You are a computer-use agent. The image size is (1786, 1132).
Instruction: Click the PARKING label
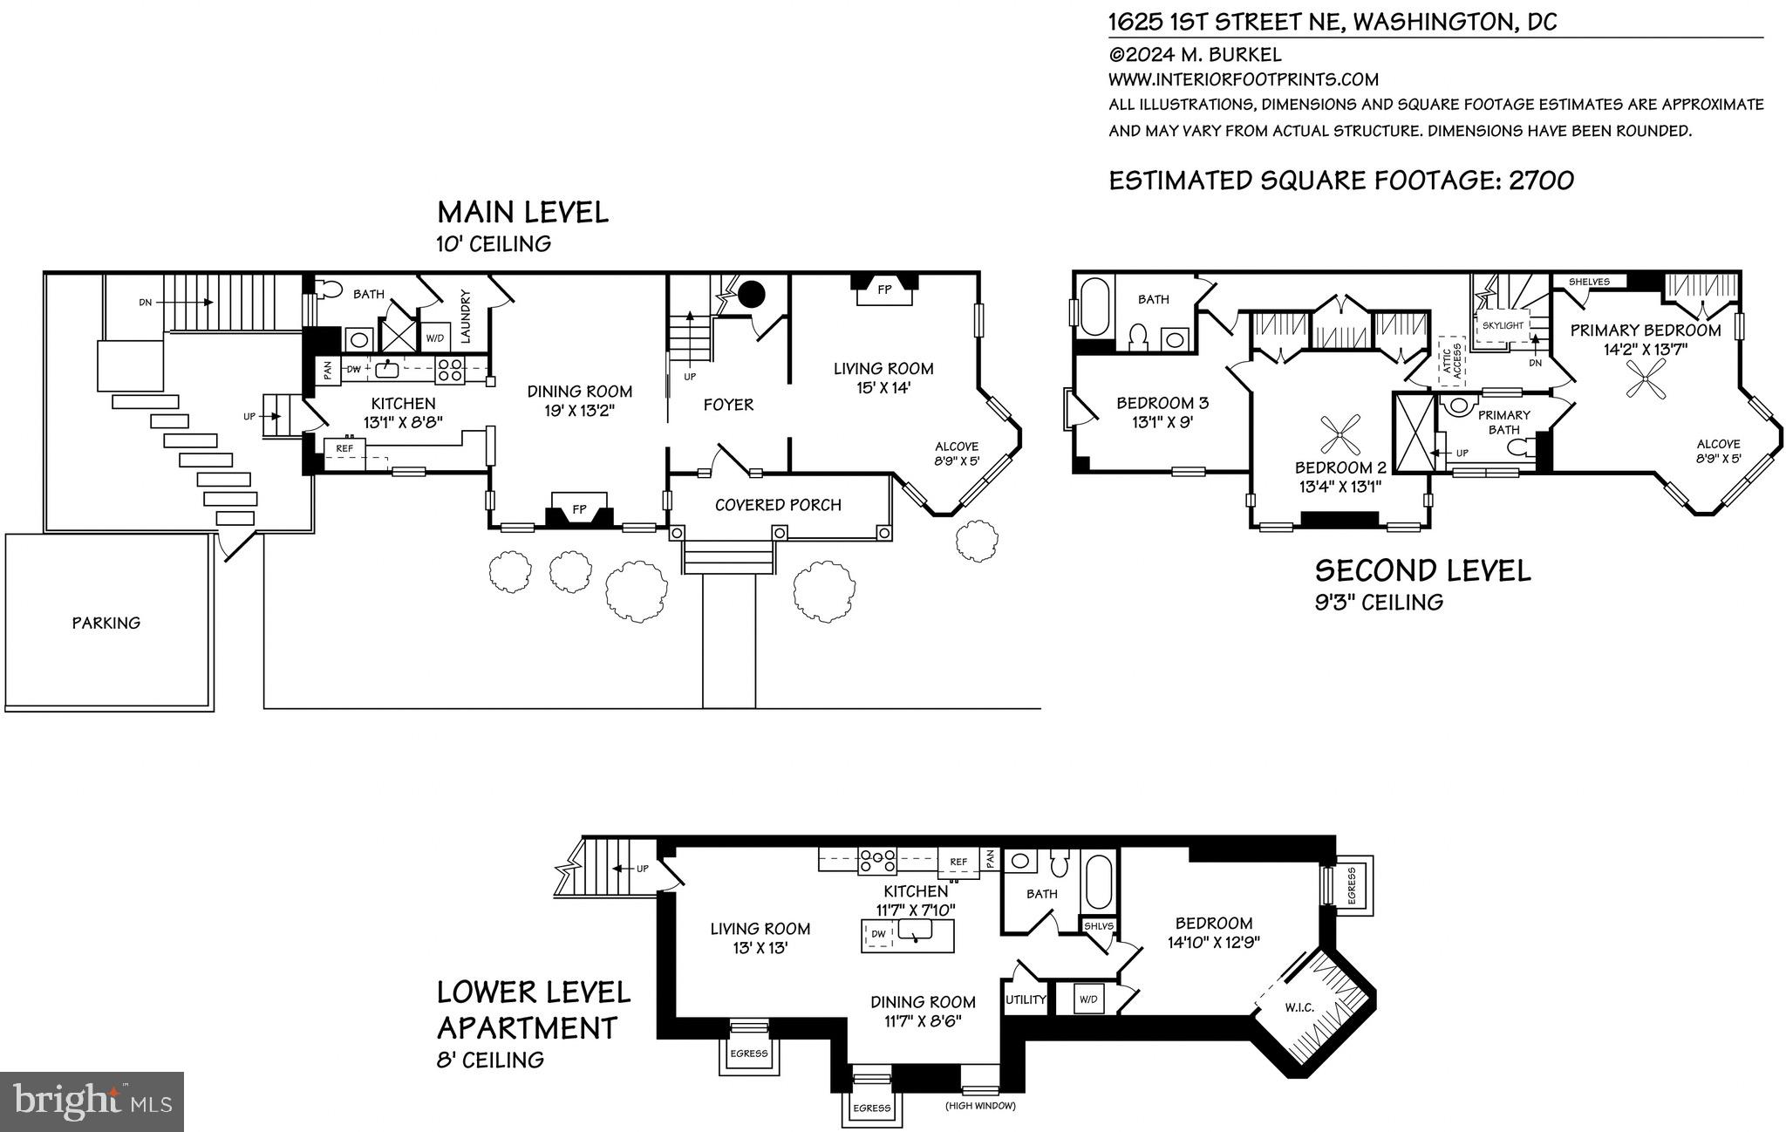point(106,623)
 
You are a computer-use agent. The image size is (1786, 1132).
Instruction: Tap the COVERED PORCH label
point(778,505)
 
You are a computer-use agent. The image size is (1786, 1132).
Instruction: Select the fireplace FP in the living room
point(884,290)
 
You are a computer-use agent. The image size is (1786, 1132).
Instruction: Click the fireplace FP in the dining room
point(579,510)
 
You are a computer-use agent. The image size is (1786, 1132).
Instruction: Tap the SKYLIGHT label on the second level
point(1503,325)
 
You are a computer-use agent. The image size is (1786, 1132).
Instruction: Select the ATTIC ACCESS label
point(1450,360)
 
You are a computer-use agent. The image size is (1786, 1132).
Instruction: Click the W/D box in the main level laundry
point(433,338)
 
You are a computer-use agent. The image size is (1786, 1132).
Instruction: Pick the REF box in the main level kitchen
point(344,448)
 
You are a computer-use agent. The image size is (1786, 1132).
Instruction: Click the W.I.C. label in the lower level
point(1299,1007)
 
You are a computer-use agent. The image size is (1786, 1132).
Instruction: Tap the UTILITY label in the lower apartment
point(1026,999)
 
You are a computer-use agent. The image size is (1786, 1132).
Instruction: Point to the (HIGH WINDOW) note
point(980,1107)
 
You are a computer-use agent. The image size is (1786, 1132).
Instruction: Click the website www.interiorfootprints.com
point(1244,79)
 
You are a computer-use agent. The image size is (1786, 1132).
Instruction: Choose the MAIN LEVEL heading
point(522,213)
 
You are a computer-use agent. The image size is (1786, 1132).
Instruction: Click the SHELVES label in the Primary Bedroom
point(1589,282)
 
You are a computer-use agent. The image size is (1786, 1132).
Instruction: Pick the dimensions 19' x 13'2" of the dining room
point(579,412)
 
